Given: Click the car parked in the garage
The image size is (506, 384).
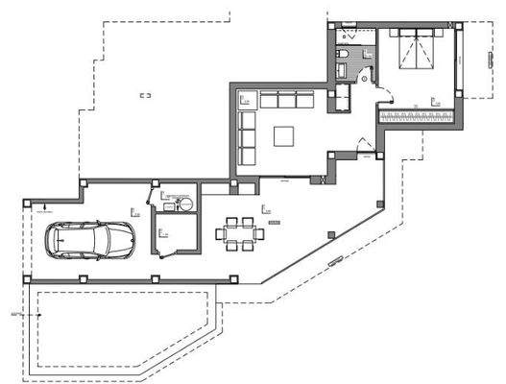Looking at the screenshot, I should (x=92, y=239).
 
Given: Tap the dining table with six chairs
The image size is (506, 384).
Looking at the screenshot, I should (x=236, y=231).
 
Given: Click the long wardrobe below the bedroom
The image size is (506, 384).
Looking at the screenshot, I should (x=418, y=116).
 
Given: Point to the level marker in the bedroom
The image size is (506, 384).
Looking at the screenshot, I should (x=434, y=99).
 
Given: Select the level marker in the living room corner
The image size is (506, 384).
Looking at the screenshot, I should (x=243, y=98).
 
